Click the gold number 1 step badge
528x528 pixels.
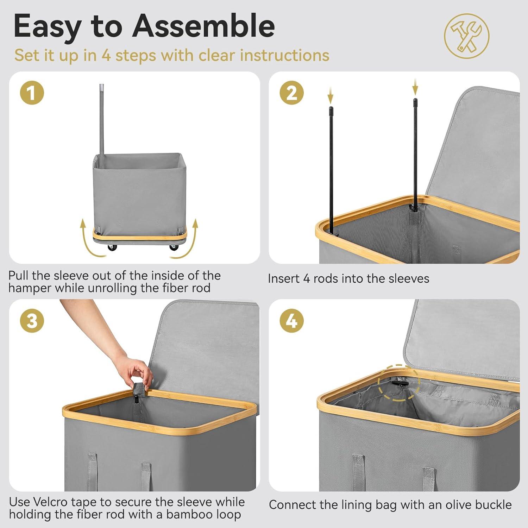click(32, 93)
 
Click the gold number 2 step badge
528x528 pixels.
click(291, 93)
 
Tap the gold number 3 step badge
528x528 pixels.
click(32, 321)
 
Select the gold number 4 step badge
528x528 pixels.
click(291, 321)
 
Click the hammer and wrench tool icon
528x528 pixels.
click(466, 36)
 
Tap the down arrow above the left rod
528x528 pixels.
click(331, 95)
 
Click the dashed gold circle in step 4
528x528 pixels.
click(399, 383)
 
